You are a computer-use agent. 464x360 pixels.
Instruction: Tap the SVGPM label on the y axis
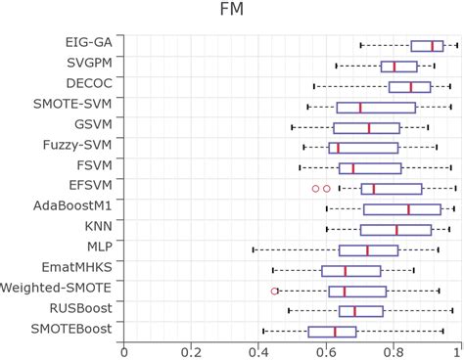[x=87, y=66]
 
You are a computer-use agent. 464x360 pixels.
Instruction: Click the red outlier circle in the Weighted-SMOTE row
[x=275, y=291]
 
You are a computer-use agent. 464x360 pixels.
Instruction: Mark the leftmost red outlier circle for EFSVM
[x=315, y=188]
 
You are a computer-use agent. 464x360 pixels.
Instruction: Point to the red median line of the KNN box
[x=396, y=229]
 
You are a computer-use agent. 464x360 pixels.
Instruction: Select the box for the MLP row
[x=368, y=249]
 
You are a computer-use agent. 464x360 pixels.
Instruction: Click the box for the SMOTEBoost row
[x=332, y=332]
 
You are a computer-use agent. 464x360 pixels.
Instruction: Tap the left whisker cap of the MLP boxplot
[x=254, y=249]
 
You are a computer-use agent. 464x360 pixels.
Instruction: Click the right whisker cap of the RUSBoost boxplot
[x=451, y=311]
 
